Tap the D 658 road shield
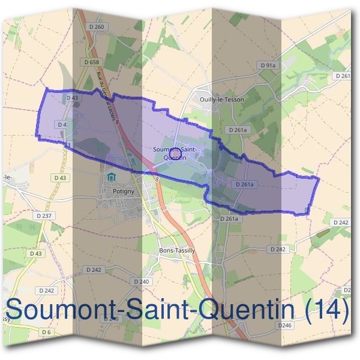(91, 62)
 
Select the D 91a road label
(268, 65)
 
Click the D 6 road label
(46, 332)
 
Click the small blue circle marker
(175, 154)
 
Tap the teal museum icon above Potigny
(110, 178)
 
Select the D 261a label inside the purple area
(245, 184)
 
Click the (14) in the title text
(327, 310)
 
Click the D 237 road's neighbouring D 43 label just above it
(60, 178)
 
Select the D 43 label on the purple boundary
(72, 98)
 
